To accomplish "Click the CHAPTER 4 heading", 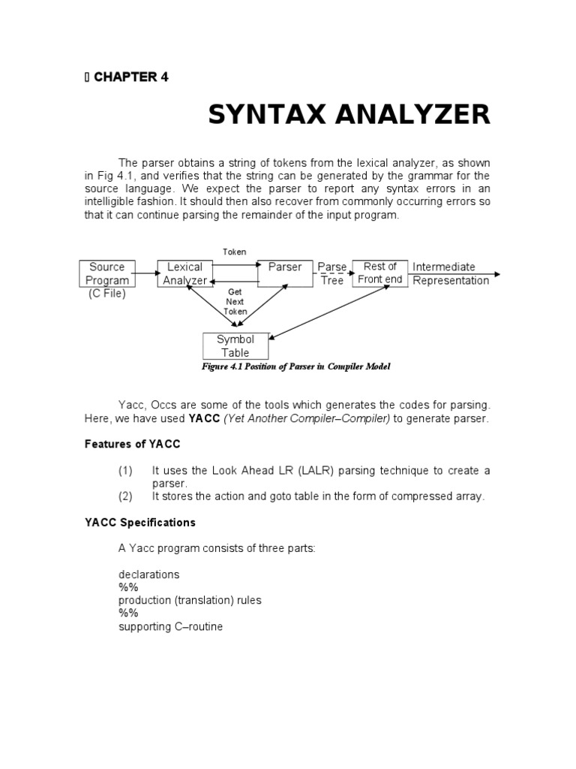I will tap(130, 77).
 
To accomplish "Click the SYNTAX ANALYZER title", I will tap(349, 115).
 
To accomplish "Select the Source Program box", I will tap(107, 273).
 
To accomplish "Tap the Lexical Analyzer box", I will tap(184, 273).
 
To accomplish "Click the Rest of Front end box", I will tap(379, 273).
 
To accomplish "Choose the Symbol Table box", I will tap(235, 346).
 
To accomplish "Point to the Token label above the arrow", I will tap(234, 252).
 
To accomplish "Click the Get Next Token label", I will tap(235, 301).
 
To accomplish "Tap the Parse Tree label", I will tap(331, 273).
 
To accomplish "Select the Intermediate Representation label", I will tap(450, 273).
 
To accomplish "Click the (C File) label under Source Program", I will tap(107, 294).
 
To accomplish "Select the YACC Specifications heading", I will tap(139, 522).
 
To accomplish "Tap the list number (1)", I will tap(125, 471).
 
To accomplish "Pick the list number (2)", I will tap(125, 496).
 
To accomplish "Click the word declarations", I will tap(148, 574).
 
